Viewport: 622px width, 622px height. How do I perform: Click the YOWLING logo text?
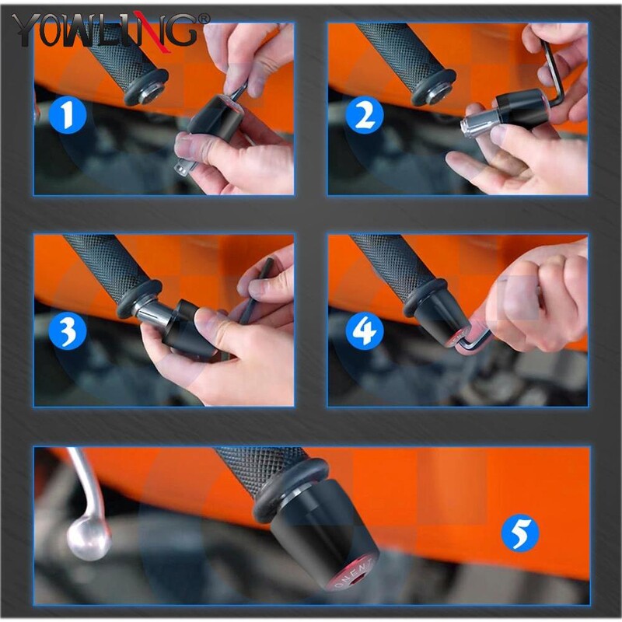click(x=105, y=30)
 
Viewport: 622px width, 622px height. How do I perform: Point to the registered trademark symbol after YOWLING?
click(x=204, y=17)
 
